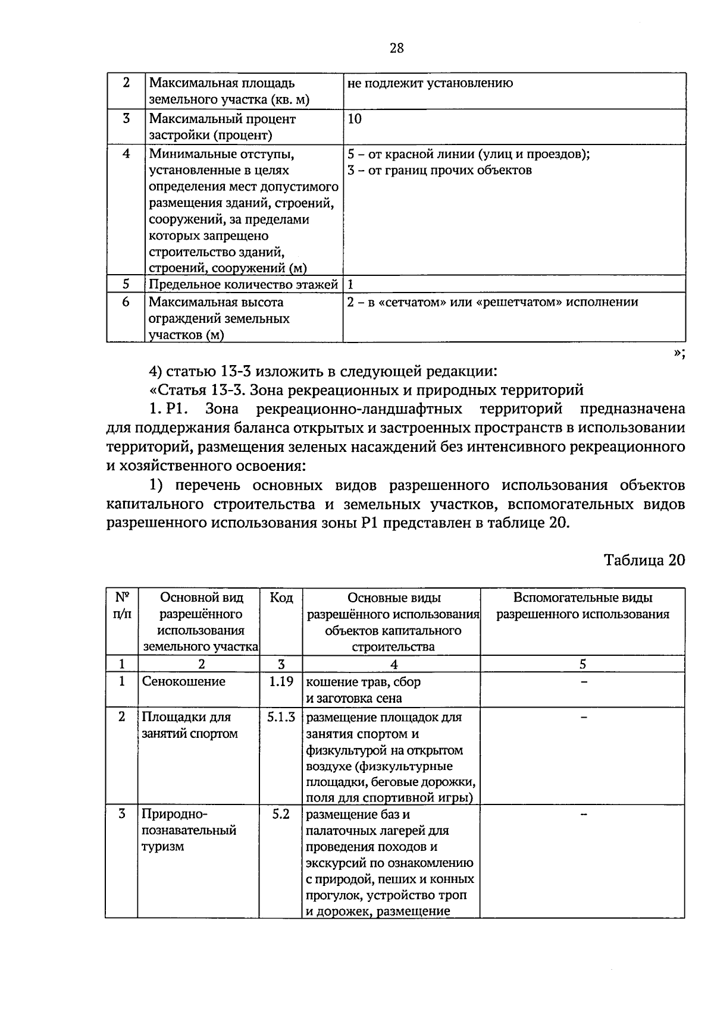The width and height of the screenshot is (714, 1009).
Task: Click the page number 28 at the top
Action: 397,49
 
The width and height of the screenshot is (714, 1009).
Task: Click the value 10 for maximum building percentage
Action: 355,119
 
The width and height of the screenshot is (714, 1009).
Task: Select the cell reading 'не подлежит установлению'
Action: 430,83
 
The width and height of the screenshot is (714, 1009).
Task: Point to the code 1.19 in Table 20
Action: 281,681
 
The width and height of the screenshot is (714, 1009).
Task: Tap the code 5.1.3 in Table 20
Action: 281,717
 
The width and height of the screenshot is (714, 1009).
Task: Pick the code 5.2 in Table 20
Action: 281,814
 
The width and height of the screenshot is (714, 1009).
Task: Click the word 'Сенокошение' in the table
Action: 183,681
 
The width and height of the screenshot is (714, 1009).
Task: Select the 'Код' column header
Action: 281,598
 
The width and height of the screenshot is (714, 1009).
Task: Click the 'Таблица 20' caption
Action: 644,560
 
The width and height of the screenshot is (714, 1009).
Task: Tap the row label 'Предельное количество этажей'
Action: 243,284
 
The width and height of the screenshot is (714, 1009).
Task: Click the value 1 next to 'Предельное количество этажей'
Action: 351,284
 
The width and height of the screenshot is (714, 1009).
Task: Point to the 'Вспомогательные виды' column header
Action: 583,598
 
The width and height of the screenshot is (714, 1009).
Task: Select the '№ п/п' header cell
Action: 122,605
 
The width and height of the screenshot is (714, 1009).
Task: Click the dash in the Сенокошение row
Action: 584,682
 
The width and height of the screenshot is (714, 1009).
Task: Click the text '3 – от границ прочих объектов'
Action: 440,171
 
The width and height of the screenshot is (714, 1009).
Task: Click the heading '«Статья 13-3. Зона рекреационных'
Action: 366,391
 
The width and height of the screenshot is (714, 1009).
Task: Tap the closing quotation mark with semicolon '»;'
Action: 679,353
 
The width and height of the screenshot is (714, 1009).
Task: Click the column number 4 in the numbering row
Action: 393,664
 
